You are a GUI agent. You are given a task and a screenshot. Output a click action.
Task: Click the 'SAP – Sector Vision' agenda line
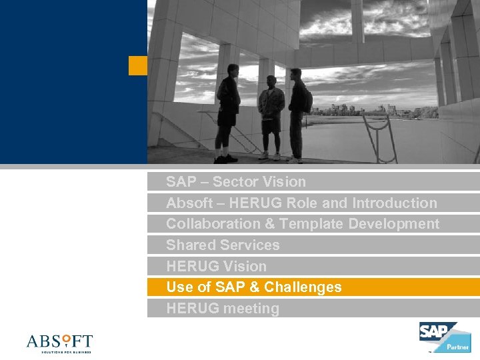click(x=235, y=182)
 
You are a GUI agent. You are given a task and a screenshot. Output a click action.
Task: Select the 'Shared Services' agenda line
click(x=223, y=245)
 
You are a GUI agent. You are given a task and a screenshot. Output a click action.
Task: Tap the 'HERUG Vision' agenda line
click(x=216, y=267)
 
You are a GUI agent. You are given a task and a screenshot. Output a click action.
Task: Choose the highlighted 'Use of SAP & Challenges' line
click(x=253, y=287)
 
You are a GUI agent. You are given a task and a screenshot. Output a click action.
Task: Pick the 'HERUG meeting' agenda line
click(x=223, y=309)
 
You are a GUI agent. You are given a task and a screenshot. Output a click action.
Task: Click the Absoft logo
click(x=59, y=342)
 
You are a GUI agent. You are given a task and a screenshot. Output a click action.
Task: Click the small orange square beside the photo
click(x=137, y=65)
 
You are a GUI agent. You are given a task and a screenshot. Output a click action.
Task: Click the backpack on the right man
click(x=307, y=100)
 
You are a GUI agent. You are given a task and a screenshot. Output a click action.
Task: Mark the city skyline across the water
click(x=373, y=110)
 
